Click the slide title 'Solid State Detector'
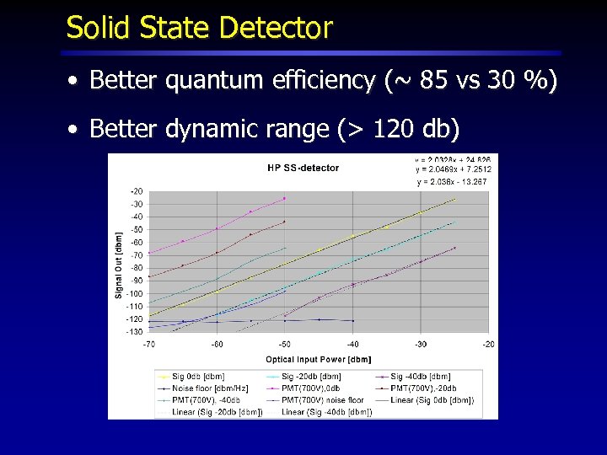click(200, 28)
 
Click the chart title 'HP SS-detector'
click(303, 168)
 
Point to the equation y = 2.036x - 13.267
click(451, 181)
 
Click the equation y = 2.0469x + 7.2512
click(453, 169)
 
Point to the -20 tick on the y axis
click(136, 190)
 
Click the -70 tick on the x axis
click(148, 345)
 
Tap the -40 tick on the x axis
click(352, 345)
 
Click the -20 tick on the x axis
click(488, 345)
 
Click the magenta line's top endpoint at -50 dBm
click(285, 199)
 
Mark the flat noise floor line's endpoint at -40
click(352, 320)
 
